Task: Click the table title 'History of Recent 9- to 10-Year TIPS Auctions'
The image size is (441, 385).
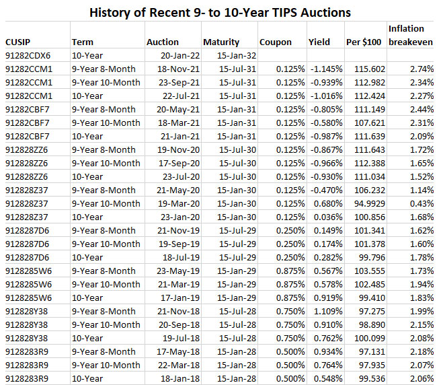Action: tap(220, 12)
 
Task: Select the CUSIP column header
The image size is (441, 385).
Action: tap(17, 42)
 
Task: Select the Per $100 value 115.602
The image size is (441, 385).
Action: tap(370, 69)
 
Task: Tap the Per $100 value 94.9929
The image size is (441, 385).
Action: tap(368, 204)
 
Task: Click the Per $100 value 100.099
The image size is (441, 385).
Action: tap(370, 339)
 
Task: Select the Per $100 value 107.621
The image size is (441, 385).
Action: tap(370, 123)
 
